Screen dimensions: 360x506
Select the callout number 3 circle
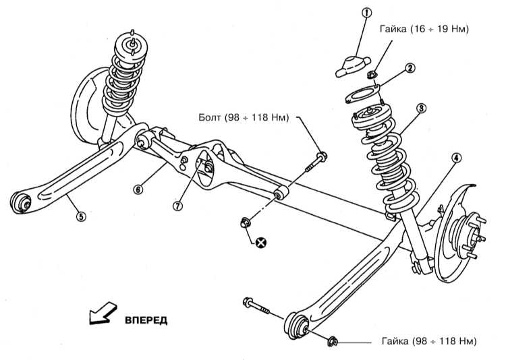tap(420, 109)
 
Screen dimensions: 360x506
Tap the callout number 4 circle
tap(456, 158)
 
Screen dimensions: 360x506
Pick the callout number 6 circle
tap(138, 190)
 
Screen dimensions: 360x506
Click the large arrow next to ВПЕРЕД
tap(99, 314)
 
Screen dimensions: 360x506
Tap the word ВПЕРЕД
tap(145, 319)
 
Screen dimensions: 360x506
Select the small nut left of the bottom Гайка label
tap(333, 342)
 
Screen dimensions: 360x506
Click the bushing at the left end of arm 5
tap(21, 201)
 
